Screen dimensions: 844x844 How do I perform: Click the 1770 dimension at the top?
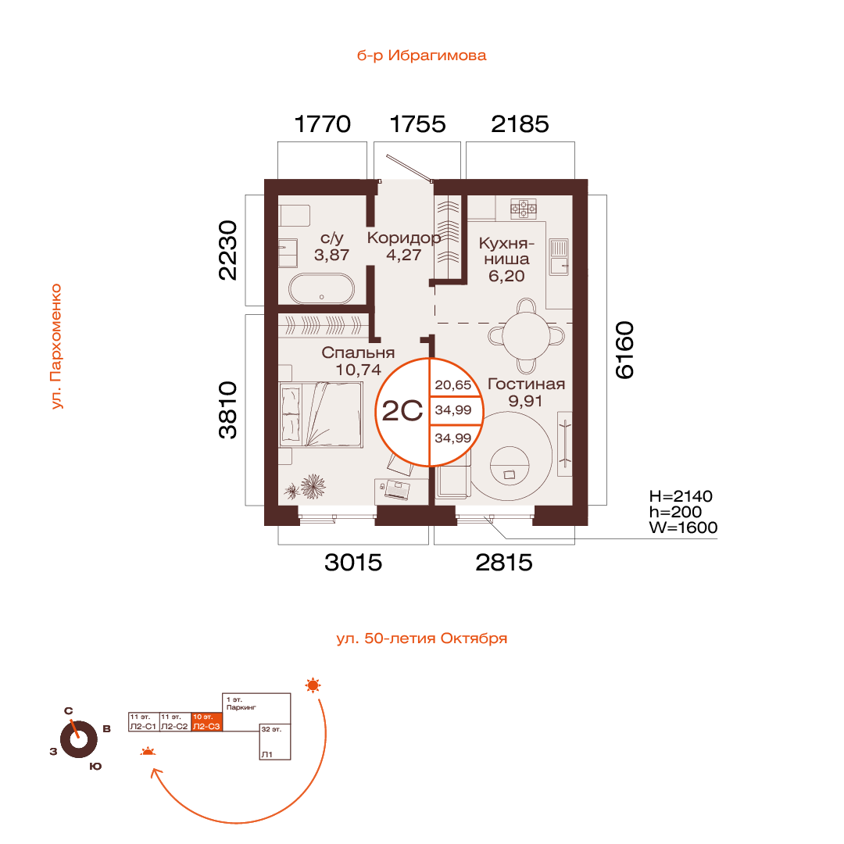(322, 124)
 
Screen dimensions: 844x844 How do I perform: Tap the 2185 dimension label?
(520, 124)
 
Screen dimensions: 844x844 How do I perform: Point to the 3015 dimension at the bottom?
(354, 562)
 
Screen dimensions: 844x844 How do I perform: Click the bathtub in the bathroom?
(322, 289)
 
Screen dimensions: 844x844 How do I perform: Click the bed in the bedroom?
(320, 414)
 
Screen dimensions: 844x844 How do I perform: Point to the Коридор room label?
(403, 238)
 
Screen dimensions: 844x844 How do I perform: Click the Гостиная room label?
(526, 384)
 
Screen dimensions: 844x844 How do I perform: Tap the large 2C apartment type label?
(402, 411)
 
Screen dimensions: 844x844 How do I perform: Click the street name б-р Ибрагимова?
(421, 55)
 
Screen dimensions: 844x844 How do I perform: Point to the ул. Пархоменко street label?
(55, 346)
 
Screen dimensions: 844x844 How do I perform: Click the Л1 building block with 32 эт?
(275, 742)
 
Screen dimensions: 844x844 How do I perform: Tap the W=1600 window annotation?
(683, 527)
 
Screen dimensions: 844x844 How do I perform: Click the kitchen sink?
(559, 256)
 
